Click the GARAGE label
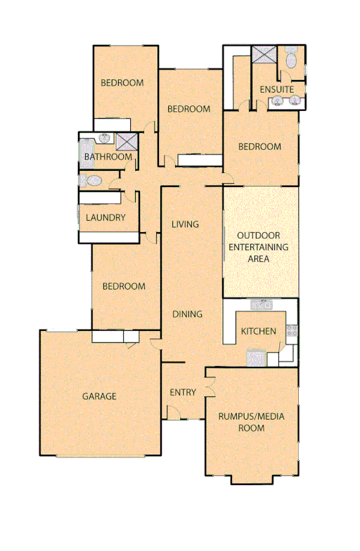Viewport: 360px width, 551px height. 99,396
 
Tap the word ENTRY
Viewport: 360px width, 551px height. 183,392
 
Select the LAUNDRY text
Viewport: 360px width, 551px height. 105,218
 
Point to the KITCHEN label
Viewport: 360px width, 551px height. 259,332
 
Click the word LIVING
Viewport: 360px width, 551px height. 186,225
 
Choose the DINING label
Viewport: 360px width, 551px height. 187,315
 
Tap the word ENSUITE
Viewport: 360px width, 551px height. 276,90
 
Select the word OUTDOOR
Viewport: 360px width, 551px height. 259,236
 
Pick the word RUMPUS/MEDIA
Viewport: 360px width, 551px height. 251,416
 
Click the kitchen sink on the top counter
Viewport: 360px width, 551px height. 262,305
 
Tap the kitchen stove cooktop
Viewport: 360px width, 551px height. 292,330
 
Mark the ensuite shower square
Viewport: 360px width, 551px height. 265,55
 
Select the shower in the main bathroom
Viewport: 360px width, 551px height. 126,140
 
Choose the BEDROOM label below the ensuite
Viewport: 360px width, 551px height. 259,148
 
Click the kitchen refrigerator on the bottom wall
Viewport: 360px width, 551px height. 255,358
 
